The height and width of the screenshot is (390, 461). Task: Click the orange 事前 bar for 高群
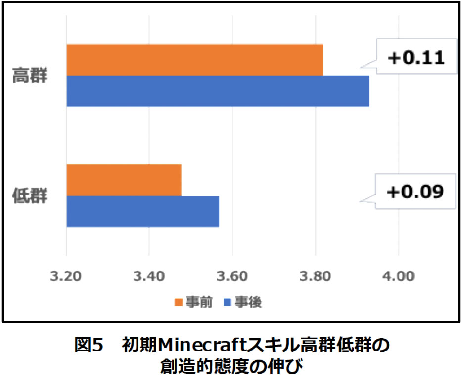(x=195, y=60)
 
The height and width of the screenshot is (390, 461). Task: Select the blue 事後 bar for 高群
(x=218, y=91)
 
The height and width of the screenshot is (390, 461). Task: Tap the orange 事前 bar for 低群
(x=124, y=180)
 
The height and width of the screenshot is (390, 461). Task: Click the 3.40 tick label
(x=149, y=275)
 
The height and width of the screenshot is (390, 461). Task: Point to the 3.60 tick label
(x=232, y=275)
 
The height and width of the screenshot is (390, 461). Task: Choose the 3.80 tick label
(x=315, y=275)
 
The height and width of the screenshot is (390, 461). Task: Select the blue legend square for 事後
(x=228, y=302)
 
